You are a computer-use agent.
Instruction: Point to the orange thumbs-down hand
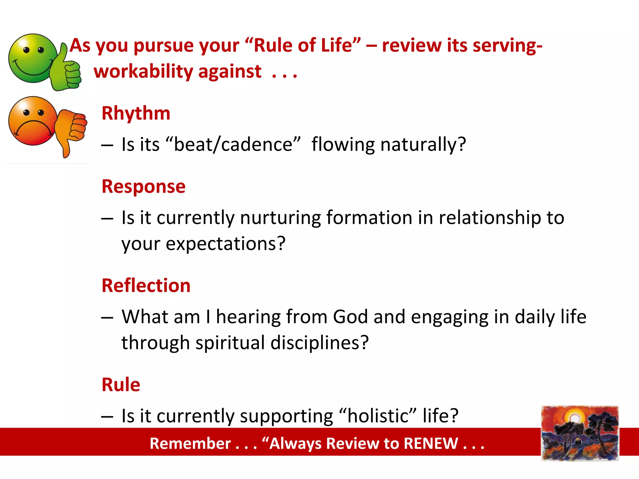(x=71, y=128)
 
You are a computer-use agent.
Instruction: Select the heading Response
(x=144, y=186)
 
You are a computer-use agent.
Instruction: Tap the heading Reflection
(x=146, y=285)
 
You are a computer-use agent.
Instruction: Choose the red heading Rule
(x=121, y=385)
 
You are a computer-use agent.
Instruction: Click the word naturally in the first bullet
(x=423, y=145)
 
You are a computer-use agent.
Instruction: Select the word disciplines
(x=319, y=343)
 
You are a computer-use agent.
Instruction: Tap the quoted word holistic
(x=377, y=416)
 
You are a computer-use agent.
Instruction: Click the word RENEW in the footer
(x=431, y=443)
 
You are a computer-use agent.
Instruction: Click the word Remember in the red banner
(x=190, y=443)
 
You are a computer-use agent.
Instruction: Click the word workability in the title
(x=144, y=71)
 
